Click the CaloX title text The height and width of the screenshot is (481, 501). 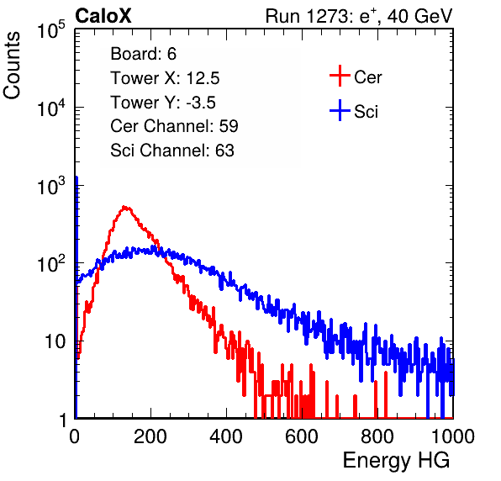pyautogui.click(x=103, y=16)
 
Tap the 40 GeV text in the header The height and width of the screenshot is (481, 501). pyautogui.click(x=419, y=16)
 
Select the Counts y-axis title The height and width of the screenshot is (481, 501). pyautogui.click(x=12, y=66)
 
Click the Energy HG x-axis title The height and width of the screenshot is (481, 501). pyautogui.click(x=396, y=460)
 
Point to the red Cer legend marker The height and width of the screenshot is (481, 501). pyautogui.click(x=340, y=76)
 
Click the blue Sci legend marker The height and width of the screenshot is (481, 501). pyautogui.click(x=340, y=110)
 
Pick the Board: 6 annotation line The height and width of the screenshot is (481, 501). pyautogui.click(x=143, y=54)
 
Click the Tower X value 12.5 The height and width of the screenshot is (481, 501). pyautogui.click(x=203, y=78)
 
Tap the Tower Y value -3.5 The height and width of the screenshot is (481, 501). pyautogui.click(x=201, y=103)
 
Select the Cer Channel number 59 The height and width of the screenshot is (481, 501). pyautogui.click(x=229, y=126)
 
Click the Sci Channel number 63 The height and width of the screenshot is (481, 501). pyautogui.click(x=224, y=151)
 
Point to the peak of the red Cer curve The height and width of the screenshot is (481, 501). pyautogui.click(x=125, y=208)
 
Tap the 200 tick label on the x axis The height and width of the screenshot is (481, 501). pyautogui.click(x=150, y=436)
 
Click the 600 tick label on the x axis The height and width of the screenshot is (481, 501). pyautogui.click(x=302, y=436)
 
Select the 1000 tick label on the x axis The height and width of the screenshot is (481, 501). pyautogui.click(x=453, y=436)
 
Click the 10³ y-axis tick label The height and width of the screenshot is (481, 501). pyautogui.click(x=51, y=186)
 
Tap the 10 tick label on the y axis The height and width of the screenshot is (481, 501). pyautogui.click(x=55, y=341)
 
